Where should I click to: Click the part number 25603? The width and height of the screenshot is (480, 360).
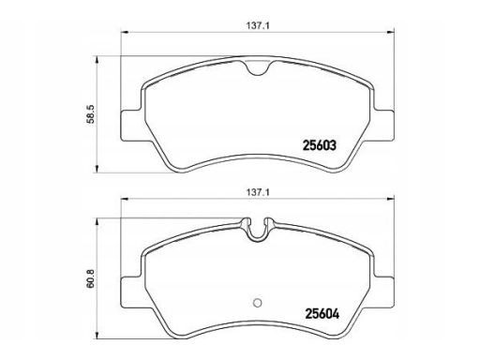[x=320, y=145]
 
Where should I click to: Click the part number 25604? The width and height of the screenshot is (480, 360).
[x=322, y=314]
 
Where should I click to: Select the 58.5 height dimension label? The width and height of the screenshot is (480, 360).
[x=91, y=114]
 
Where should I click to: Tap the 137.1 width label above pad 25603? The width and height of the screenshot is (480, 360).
[x=258, y=26]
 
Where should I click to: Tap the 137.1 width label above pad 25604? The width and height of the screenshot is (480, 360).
[x=258, y=192]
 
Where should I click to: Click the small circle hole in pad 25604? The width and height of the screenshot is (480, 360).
[x=257, y=303]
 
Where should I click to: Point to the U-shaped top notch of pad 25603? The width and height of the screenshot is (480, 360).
[x=257, y=67]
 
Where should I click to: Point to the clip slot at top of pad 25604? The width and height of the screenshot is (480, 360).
[x=257, y=229]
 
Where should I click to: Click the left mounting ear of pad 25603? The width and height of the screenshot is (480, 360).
[x=132, y=126]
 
